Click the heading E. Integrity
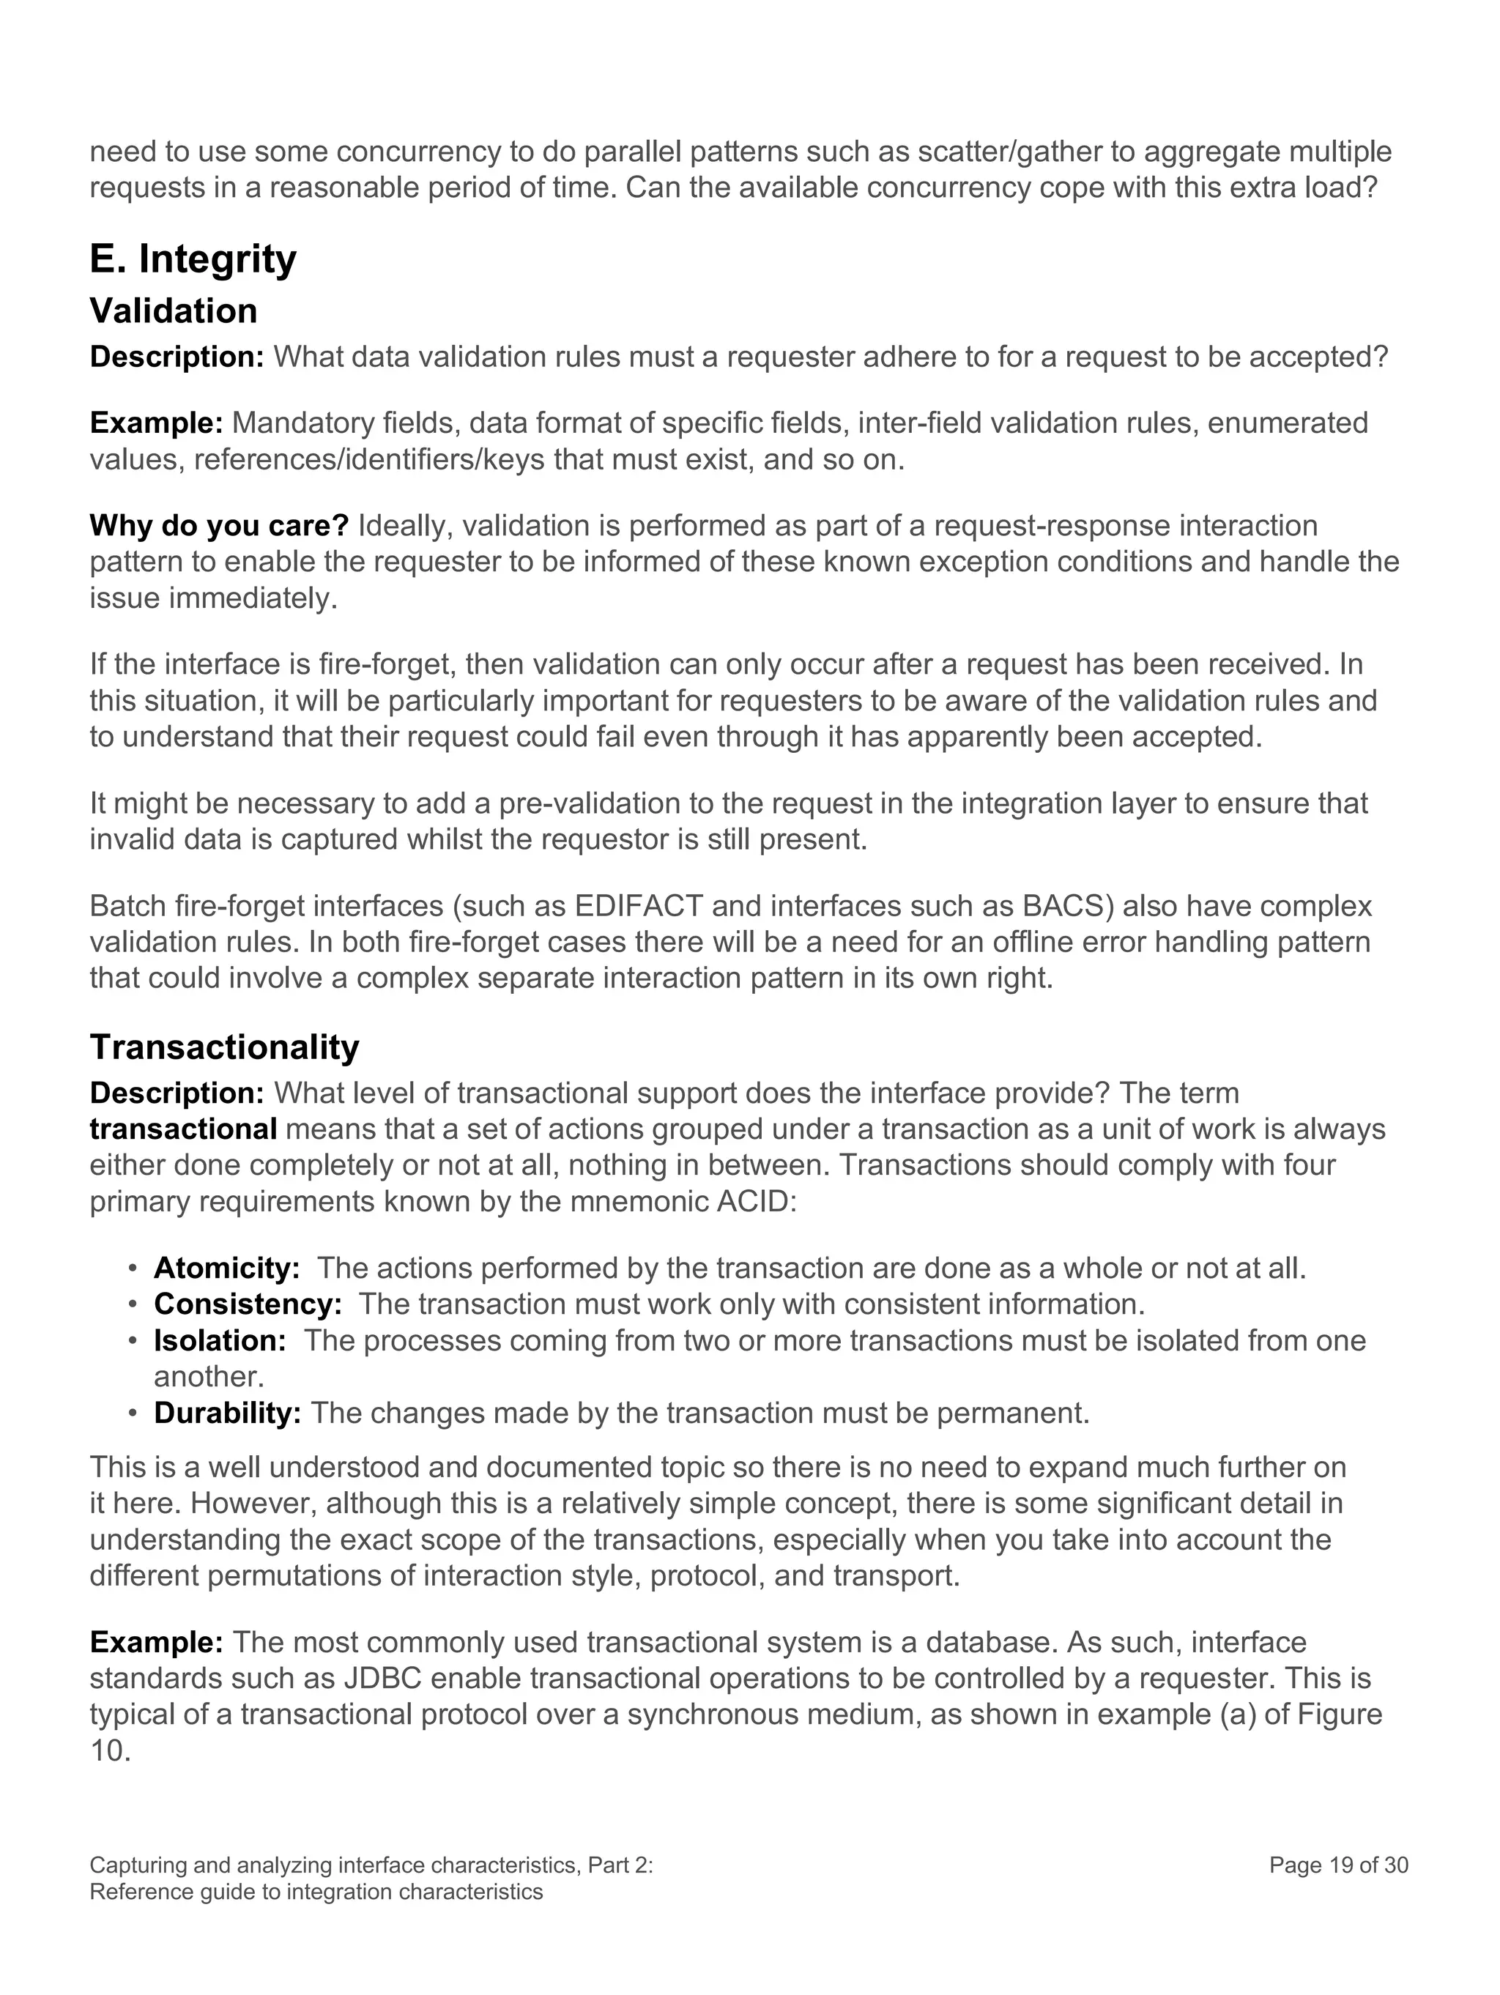click(193, 260)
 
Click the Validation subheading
click(173, 311)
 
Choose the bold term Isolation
click(220, 1340)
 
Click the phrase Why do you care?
click(219, 526)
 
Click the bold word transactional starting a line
click(183, 1129)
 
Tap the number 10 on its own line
click(109, 1752)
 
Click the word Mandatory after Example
click(301, 423)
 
